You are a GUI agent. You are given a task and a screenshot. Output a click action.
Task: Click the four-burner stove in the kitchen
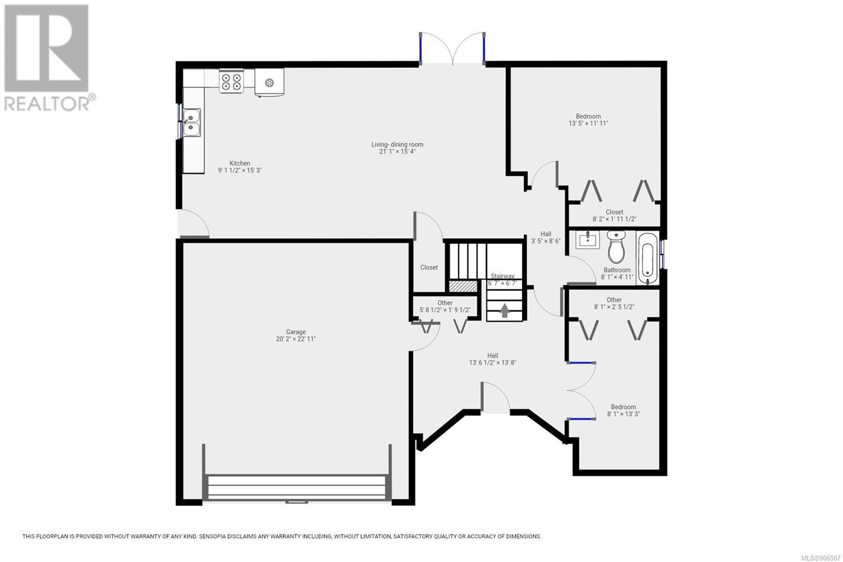point(231,81)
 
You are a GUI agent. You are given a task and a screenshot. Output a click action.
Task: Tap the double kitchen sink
point(192,122)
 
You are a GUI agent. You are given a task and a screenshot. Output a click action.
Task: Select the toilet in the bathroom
point(616,247)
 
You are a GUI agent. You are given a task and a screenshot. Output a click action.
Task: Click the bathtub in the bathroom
point(648,258)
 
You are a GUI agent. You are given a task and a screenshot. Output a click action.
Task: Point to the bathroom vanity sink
point(587,239)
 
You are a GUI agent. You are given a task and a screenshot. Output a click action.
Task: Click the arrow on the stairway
point(505,311)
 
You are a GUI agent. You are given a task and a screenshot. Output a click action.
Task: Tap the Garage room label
point(296,332)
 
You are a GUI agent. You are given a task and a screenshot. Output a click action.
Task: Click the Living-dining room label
point(397,144)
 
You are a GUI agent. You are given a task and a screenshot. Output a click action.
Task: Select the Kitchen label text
point(240,163)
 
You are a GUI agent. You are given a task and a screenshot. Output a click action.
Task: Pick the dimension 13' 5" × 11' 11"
point(588,123)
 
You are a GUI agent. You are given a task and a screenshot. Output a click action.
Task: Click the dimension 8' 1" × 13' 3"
point(623,414)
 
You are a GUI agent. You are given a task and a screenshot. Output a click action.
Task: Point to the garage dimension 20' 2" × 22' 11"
point(296,339)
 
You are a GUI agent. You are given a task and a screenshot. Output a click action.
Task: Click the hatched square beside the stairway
point(463,286)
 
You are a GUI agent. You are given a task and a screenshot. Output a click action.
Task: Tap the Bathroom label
point(617,270)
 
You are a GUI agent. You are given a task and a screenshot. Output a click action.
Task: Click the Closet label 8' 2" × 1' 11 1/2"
point(614,216)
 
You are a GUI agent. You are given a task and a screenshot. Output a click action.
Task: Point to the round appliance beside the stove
point(269,83)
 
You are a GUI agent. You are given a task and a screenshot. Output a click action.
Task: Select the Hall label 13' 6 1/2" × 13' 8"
point(493,359)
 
